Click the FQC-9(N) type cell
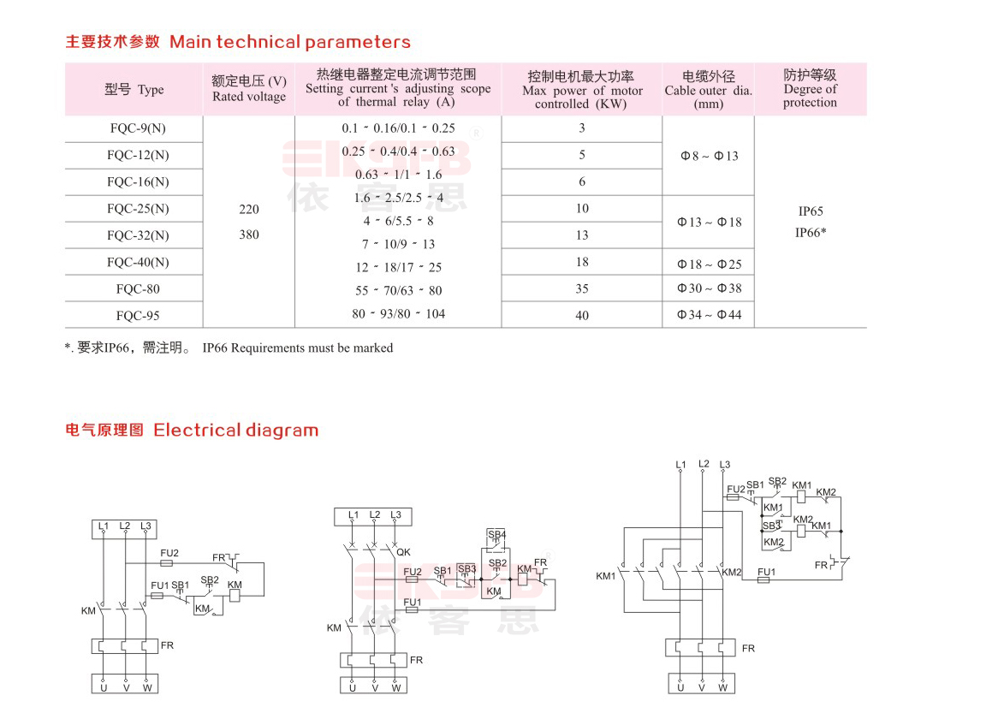[x=138, y=128]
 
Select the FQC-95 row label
[x=138, y=316]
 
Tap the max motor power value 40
[x=582, y=315]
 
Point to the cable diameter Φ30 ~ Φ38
[x=710, y=288]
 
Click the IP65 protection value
[x=811, y=211]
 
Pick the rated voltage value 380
[x=249, y=235]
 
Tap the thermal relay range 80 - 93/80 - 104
[x=398, y=314]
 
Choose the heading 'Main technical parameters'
[x=290, y=42]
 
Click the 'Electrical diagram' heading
[x=235, y=430]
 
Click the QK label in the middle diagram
[x=403, y=552]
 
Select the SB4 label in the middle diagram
[x=497, y=534]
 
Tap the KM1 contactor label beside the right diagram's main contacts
[x=605, y=576]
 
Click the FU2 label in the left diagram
[x=169, y=553]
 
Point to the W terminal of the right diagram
[x=723, y=688]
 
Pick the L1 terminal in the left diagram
[x=104, y=526]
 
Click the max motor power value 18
[x=582, y=262]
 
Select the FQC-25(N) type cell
[x=138, y=209]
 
